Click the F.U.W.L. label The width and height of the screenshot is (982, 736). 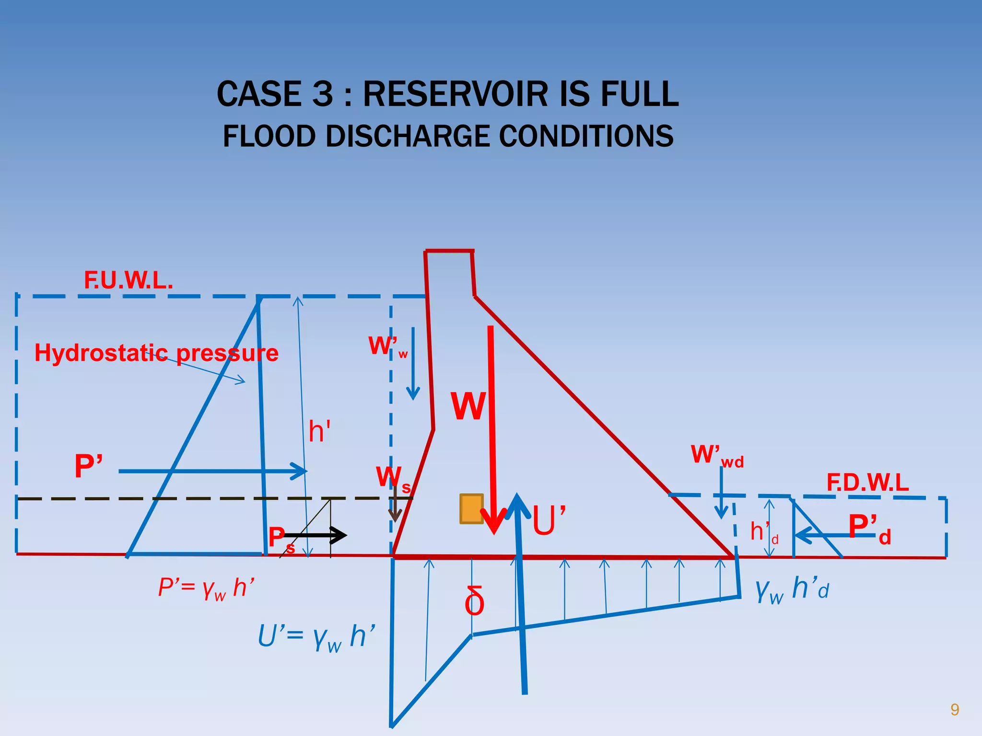coord(129,280)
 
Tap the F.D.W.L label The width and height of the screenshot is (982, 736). coord(867,483)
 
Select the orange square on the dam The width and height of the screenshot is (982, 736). coord(471,509)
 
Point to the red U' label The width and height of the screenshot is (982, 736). coord(549,520)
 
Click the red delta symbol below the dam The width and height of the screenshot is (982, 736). coord(474,602)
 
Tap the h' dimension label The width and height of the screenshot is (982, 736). coord(319,431)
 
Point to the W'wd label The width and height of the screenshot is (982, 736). coord(716,455)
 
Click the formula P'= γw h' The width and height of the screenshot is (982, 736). coord(206,588)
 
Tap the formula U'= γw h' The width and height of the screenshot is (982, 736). coord(316,637)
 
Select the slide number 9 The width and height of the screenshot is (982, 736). coord(954,710)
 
